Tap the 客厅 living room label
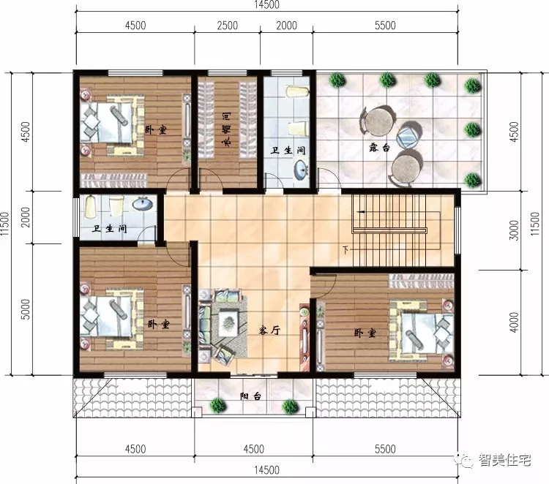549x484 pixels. pos(270,330)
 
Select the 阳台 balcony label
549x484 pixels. pos(251,397)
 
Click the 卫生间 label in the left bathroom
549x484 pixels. pos(109,229)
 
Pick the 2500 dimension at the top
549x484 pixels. pos(228,26)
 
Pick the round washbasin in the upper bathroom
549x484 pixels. pos(300,170)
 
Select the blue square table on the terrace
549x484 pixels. pos(407,137)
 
